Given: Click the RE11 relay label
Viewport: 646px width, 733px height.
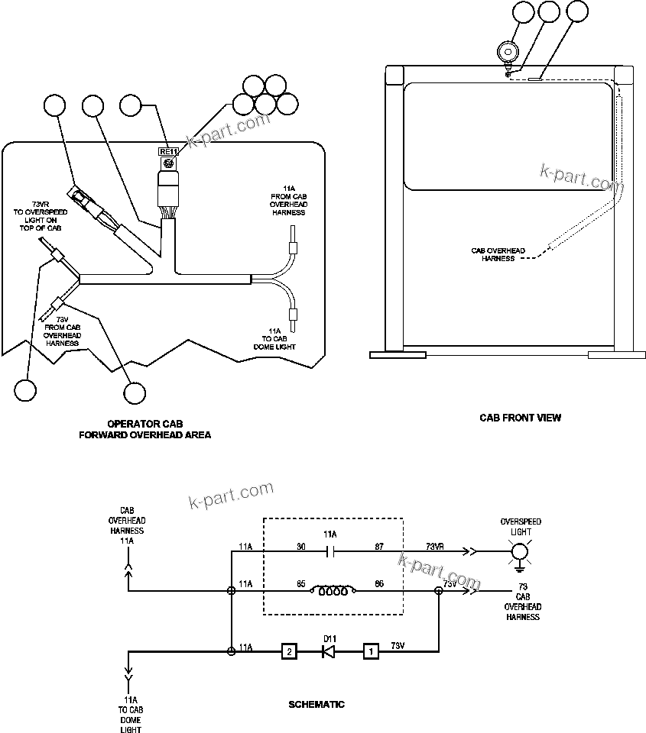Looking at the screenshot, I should tap(167, 151).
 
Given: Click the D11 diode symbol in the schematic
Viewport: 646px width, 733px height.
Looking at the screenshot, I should tap(329, 652).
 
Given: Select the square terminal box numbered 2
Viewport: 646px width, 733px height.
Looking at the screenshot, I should tap(289, 652).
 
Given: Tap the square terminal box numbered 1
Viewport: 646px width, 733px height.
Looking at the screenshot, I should tap(370, 652).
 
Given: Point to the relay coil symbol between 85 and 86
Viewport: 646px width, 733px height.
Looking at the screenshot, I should tap(331, 590).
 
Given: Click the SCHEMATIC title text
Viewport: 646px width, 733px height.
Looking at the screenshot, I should tap(317, 704).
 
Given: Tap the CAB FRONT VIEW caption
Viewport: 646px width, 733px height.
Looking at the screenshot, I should tap(520, 418).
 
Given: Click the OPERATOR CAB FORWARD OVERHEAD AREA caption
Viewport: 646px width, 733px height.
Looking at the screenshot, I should tap(145, 429).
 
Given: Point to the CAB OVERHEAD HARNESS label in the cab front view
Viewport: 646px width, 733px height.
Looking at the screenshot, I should tap(498, 254).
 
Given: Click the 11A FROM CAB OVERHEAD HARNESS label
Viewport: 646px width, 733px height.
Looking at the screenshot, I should tap(288, 200).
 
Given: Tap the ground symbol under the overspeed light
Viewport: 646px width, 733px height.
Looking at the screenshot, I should tap(520, 567).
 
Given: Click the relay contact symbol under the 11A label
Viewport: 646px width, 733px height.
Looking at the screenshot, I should tap(331, 549).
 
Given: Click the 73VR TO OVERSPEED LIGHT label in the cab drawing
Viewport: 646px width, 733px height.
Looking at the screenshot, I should tap(37, 216).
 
